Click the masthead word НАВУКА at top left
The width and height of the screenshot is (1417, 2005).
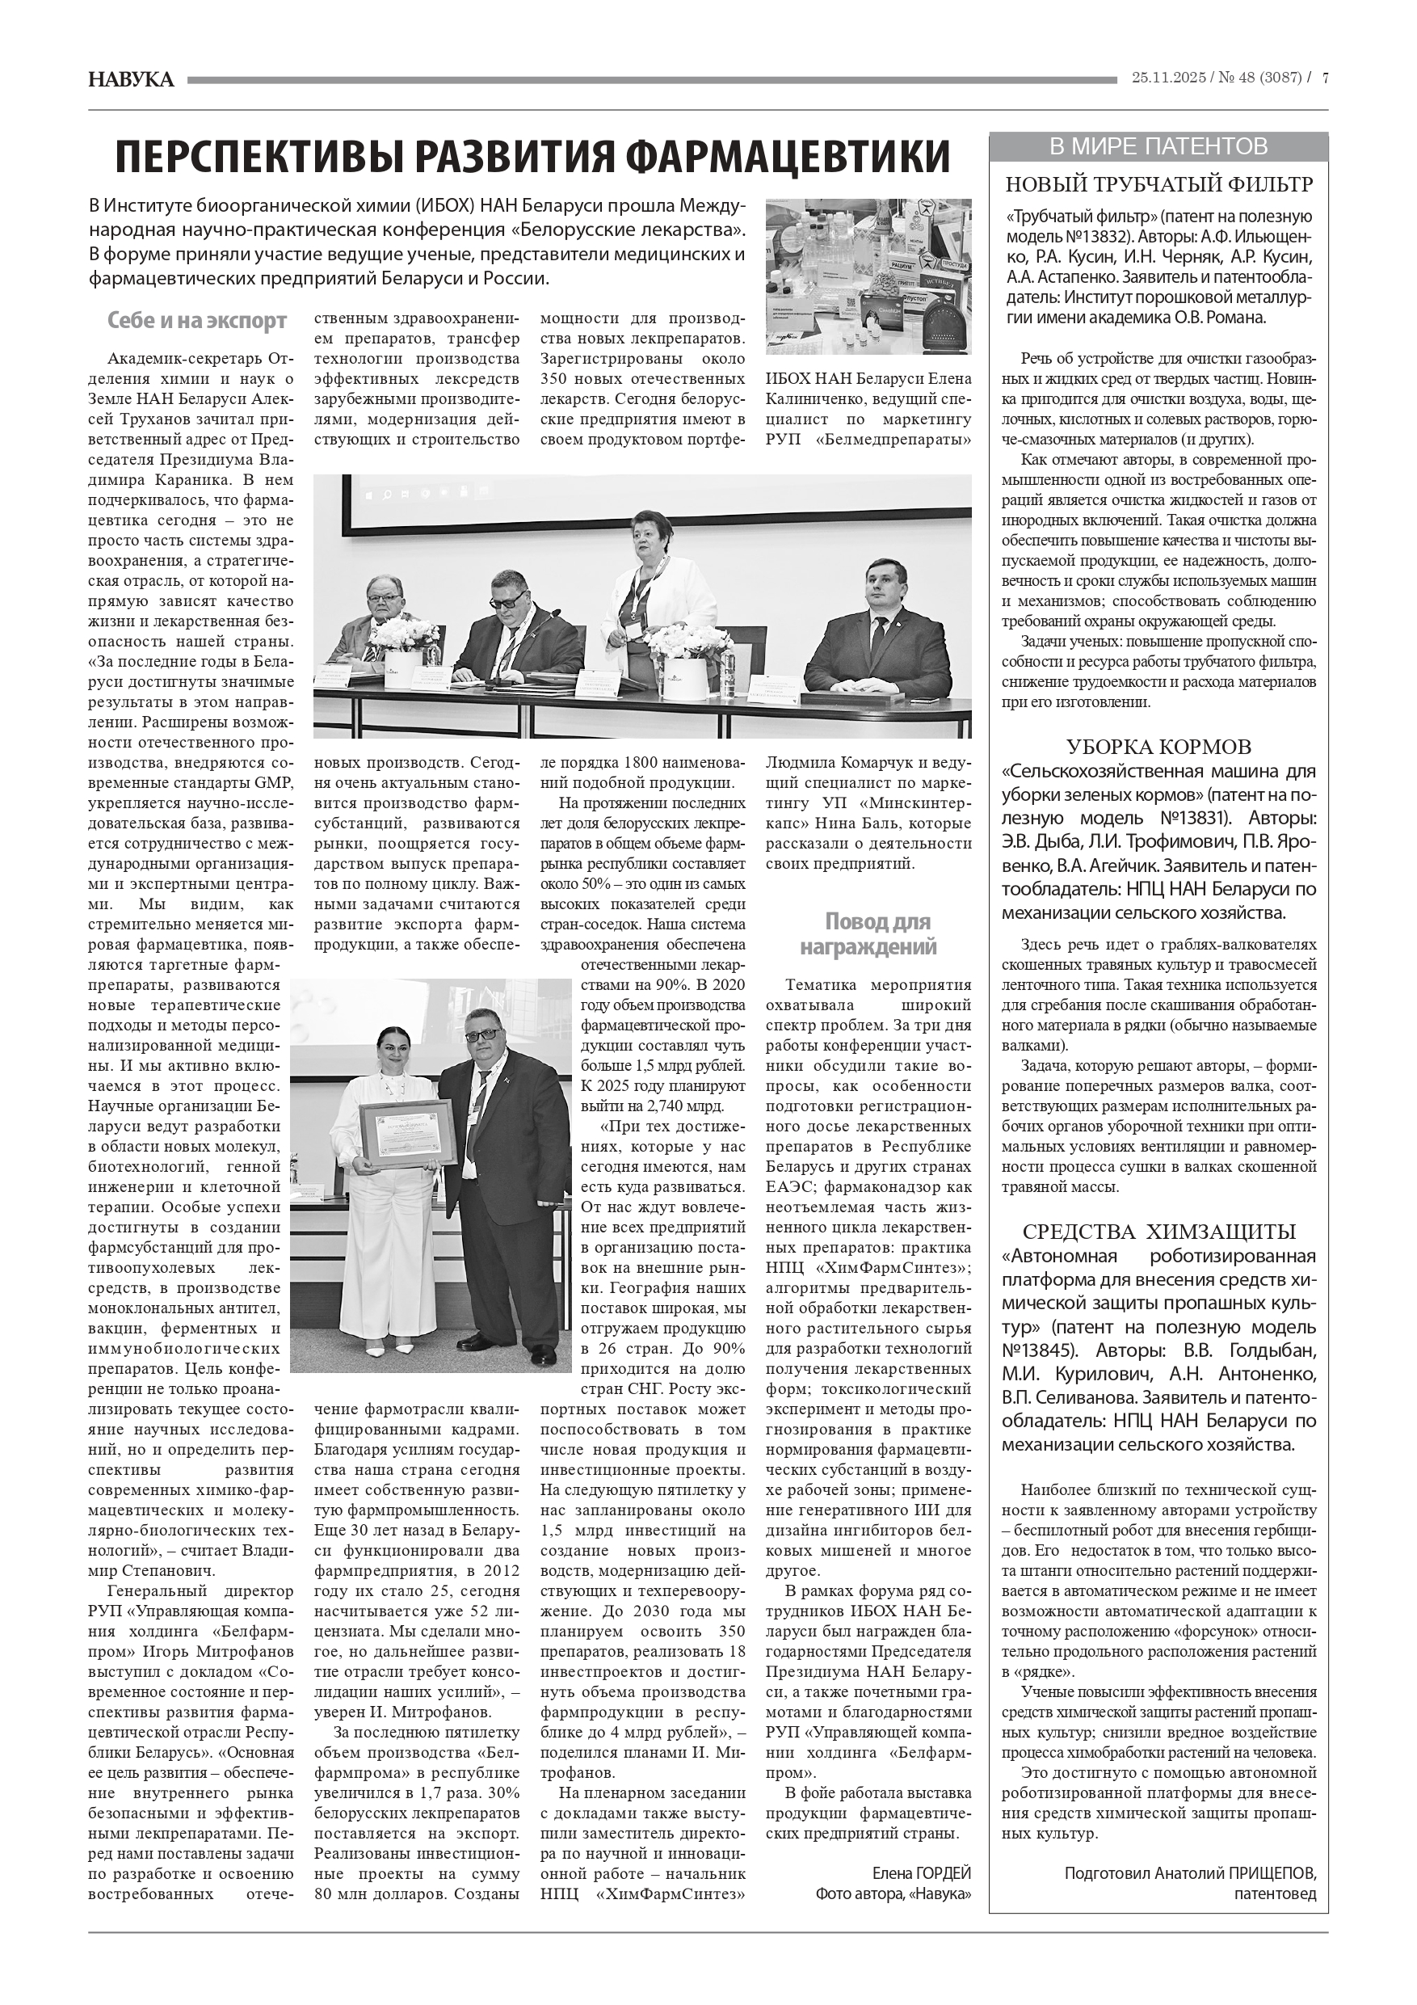[131, 80]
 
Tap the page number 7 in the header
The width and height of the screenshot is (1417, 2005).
[1324, 78]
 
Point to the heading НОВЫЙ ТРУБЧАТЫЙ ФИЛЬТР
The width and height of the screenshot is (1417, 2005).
[1158, 185]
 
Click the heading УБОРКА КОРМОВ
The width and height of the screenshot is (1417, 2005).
[1158, 748]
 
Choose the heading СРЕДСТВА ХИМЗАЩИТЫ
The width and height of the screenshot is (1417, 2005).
[1158, 1232]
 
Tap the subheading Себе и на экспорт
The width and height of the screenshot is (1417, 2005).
[196, 322]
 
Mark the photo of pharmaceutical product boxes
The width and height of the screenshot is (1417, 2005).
[868, 276]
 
